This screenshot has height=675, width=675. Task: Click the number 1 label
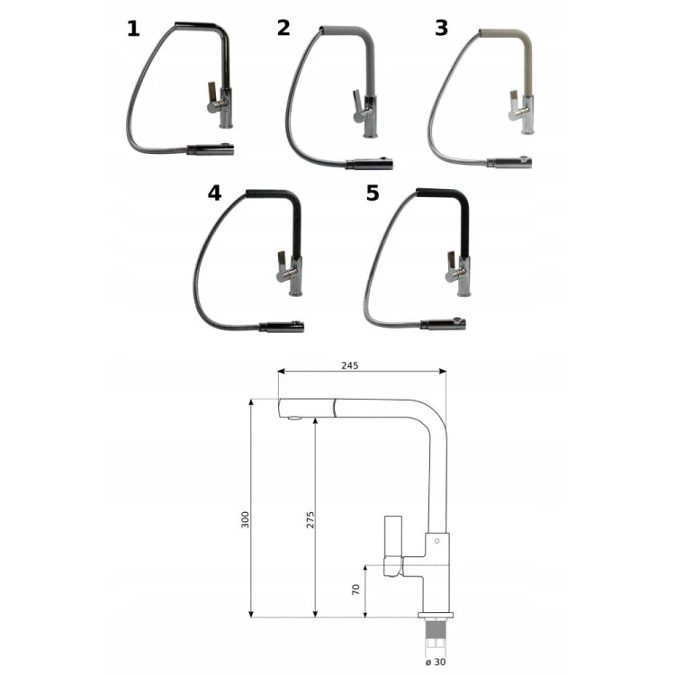point(133,29)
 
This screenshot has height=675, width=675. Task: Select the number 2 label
point(283,28)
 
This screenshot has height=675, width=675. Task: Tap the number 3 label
point(441,28)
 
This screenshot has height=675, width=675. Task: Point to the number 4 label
point(214,193)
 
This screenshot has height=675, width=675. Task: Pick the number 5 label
point(373,193)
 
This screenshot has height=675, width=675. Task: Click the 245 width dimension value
point(349,365)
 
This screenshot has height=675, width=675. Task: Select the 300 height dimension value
point(245,519)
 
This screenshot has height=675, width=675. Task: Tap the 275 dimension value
point(310,520)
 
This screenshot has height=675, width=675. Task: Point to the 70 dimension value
point(355,589)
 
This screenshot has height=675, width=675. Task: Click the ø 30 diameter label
point(436,662)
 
